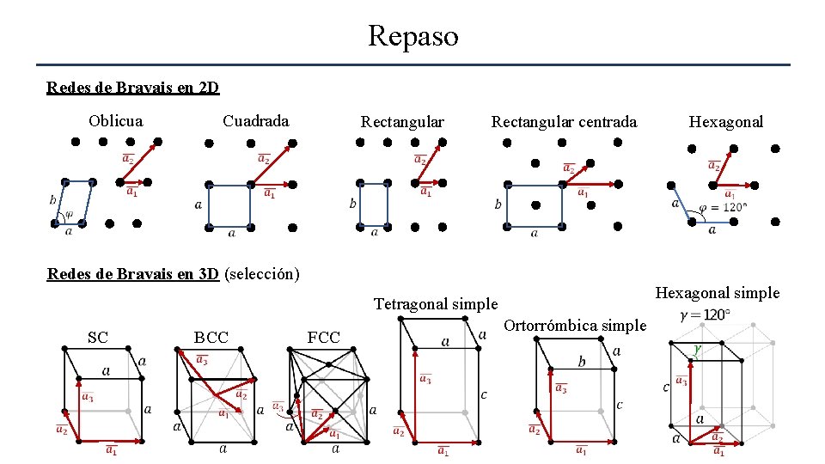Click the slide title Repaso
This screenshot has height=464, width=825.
click(412, 36)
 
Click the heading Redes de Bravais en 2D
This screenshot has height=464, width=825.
click(133, 88)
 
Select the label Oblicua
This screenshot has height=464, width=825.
click(116, 121)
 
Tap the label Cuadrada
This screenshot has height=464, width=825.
click(255, 121)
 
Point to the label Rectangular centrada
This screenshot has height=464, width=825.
click(564, 122)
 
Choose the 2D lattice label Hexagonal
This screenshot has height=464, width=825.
click(725, 122)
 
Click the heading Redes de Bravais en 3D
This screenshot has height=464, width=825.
click(133, 274)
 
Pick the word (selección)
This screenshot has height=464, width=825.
click(261, 274)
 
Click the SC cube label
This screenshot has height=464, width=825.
click(98, 338)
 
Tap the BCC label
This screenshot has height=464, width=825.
click(211, 338)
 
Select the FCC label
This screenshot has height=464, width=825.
click(324, 338)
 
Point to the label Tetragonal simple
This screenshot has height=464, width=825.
click(436, 304)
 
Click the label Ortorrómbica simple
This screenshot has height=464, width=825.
click(574, 326)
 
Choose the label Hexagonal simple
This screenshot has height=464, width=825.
click(718, 293)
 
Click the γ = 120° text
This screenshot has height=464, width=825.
click(706, 314)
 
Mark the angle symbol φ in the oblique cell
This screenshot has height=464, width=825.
click(70, 215)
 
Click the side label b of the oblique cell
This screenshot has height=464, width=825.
click(52, 199)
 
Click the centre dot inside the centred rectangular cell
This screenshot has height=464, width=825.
click(535, 205)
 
